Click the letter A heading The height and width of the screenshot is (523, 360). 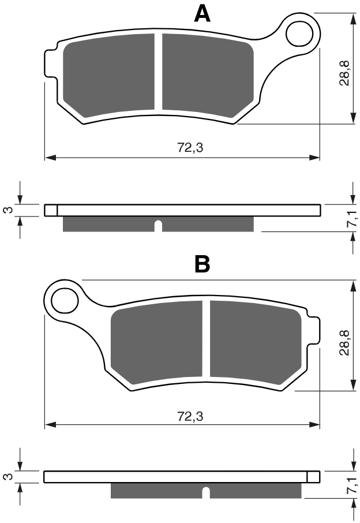click(202, 14)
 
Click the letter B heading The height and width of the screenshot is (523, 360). click(202, 264)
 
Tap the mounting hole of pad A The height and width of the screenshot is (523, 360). click(299, 33)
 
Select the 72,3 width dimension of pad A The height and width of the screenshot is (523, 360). click(190, 147)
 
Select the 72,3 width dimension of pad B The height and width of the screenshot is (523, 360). click(190, 416)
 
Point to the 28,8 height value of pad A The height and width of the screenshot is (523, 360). click(344, 73)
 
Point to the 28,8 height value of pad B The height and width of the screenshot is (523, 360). click(344, 342)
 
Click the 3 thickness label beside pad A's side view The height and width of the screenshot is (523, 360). click(9, 210)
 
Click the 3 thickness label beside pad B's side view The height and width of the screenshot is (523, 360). click(9, 476)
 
